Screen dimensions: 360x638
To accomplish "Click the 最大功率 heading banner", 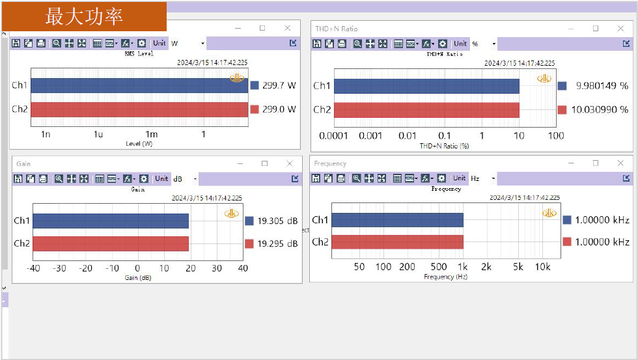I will coord(84,16).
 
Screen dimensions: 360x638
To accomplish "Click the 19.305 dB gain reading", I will coord(277,221).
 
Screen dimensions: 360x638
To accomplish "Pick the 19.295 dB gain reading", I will coord(277,243).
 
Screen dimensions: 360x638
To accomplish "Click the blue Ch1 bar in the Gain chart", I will coord(111,221).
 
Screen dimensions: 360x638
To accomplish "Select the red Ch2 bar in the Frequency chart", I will coord(397,242).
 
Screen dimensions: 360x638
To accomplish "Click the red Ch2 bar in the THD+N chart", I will coord(426,109).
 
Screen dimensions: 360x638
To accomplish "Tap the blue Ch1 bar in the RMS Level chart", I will coord(139,85).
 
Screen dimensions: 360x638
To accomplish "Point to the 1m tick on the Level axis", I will coord(150,135).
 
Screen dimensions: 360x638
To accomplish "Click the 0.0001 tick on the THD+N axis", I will coord(333,135).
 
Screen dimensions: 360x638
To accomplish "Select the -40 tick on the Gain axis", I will coord(33,268).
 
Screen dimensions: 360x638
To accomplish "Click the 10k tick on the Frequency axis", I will coord(542,267).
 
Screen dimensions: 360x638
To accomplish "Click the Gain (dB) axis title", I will coord(137,278).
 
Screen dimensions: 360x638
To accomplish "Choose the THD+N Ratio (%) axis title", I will coord(445,146).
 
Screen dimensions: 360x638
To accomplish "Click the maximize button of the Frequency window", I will coord(595,163).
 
